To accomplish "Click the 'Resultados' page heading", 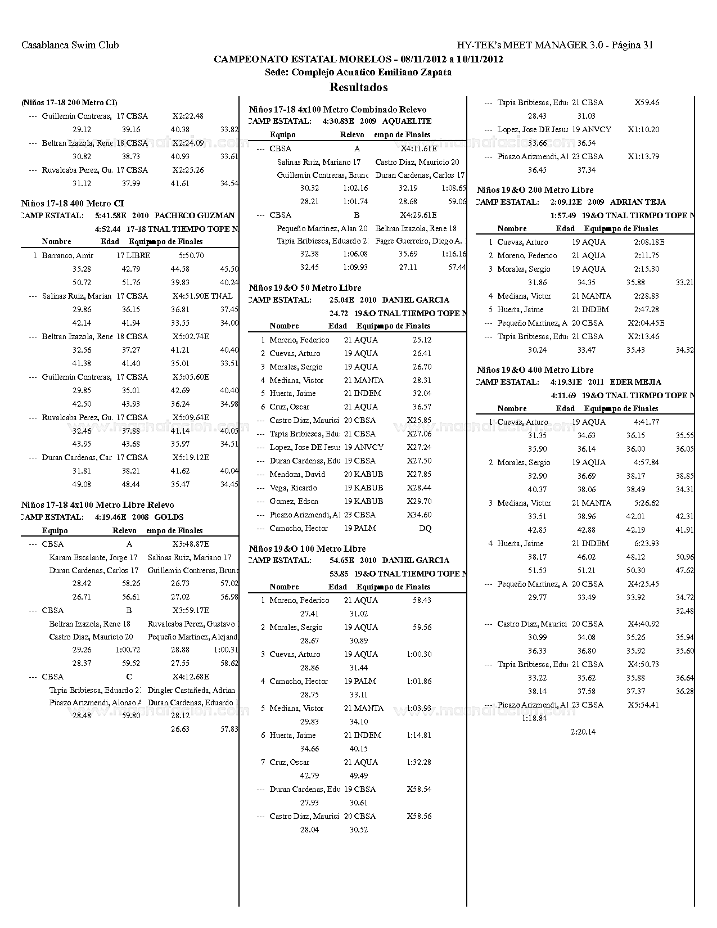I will (x=358, y=87).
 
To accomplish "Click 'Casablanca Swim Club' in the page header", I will (x=70, y=45).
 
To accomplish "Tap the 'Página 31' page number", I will (x=632, y=45).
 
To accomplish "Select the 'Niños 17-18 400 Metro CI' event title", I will (x=73, y=204).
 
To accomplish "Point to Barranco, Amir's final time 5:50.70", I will (x=191, y=255).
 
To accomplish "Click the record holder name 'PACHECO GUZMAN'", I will (x=195, y=215).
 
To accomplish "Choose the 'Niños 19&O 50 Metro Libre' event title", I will (x=305, y=288).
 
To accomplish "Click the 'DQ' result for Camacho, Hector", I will (x=425, y=528).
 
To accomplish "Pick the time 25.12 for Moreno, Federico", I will (x=422, y=340).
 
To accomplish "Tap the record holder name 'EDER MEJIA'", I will (x=636, y=382).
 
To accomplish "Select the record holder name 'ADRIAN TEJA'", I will (x=638, y=202).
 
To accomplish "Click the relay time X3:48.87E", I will (x=191, y=544).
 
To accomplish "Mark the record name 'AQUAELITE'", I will (x=407, y=121).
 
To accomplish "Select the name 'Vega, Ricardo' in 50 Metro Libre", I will (x=293, y=488).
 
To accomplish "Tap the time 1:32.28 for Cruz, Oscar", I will (x=419, y=762).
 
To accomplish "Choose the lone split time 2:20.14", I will (x=583, y=732).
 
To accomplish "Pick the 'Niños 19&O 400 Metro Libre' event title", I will (x=535, y=370).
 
